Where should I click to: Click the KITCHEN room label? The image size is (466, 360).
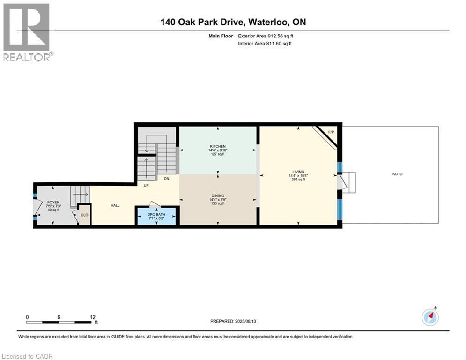click(x=218, y=146)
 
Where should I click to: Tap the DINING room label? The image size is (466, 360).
click(x=218, y=196)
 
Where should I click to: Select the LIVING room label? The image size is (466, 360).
click(x=298, y=172)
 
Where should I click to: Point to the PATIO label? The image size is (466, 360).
click(x=397, y=174)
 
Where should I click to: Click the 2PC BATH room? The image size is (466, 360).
click(x=156, y=216)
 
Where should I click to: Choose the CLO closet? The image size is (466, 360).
click(x=84, y=215)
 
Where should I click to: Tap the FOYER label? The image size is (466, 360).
click(x=53, y=202)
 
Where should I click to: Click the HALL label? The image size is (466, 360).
click(x=115, y=205)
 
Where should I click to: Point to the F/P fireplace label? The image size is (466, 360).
click(x=331, y=132)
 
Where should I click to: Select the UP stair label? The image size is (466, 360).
click(x=146, y=185)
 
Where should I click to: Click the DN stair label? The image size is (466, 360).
click(x=166, y=179)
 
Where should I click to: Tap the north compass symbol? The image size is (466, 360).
click(x=430, y=317)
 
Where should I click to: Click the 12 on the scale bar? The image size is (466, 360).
click(x=93, y=317)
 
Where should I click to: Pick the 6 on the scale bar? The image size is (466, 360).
click(x=59, y=317)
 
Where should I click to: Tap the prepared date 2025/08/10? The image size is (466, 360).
click(x=245, y=321)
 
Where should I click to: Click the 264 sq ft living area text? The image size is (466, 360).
click(x=298, y=180)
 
